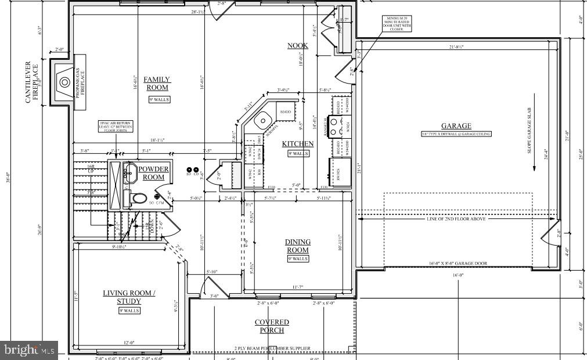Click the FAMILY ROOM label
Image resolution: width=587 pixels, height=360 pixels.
coord(157,84)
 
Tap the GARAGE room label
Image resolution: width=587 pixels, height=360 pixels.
coord(456,126)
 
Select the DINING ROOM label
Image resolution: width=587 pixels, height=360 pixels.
coord(297,246)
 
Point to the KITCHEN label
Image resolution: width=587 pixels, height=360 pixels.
coord(297,144)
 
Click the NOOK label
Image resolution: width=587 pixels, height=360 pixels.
coord(297,45)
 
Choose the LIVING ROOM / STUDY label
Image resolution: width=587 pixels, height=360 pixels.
coord(129,297)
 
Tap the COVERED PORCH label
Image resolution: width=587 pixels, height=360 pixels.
coord(272,326)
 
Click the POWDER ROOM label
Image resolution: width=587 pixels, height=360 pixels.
coord(154,173)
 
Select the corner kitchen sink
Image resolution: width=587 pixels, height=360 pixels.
coord(263,120)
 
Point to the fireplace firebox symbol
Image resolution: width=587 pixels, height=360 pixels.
coord(62,81)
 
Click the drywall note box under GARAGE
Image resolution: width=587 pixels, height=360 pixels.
coord(456,134)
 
